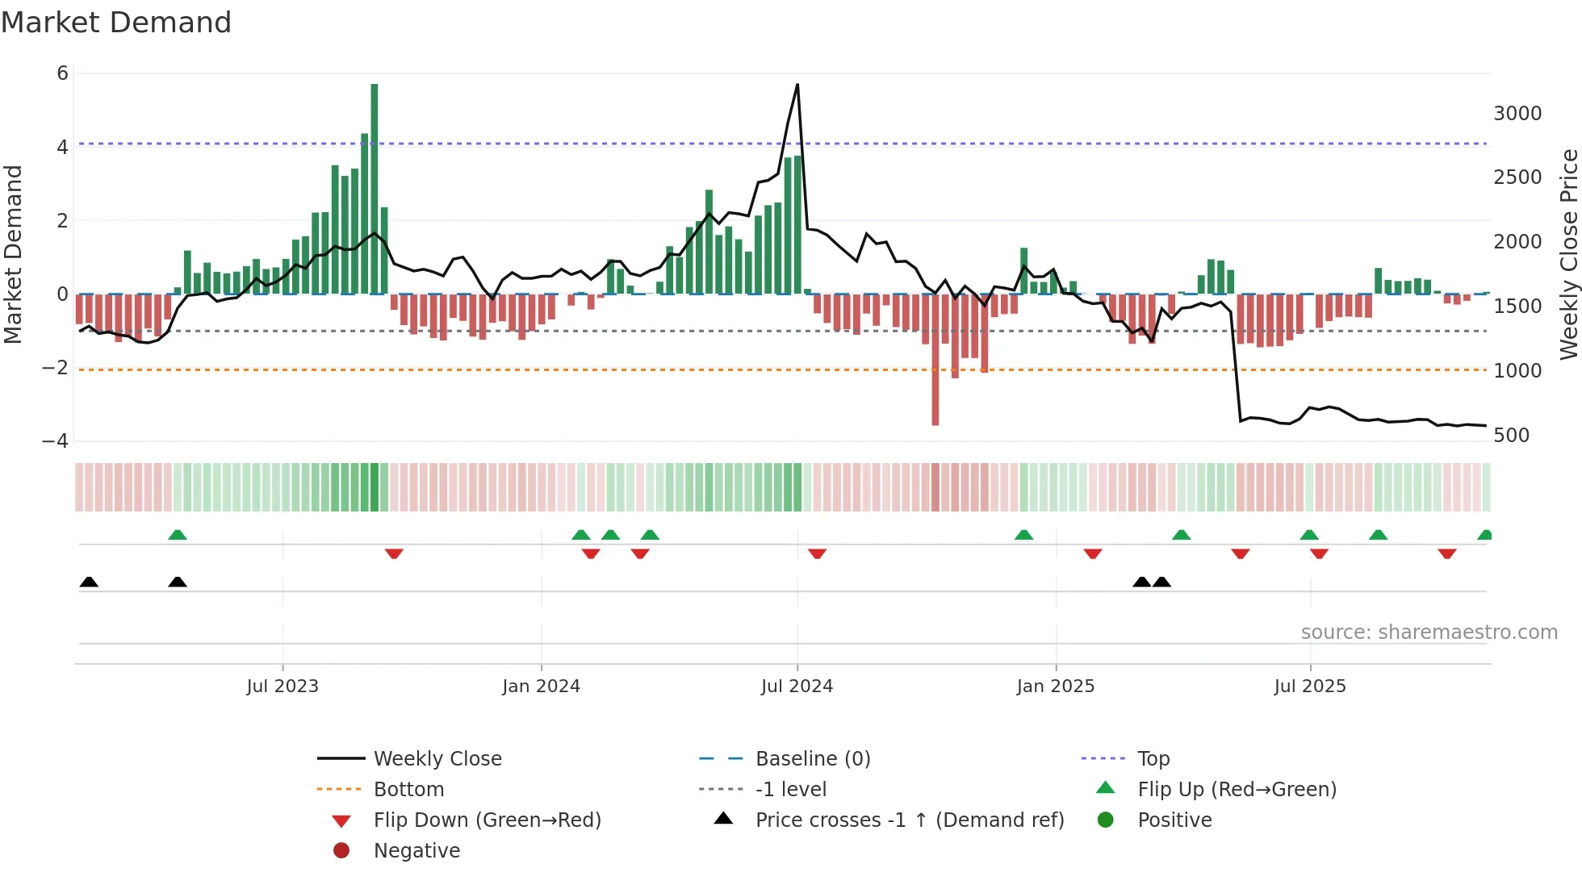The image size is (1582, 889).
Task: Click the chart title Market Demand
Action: click(x=116, y=23)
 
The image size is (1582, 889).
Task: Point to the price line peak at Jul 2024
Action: click(x=797, y=85)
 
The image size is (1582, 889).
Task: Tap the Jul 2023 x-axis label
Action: click(x=282, y=687)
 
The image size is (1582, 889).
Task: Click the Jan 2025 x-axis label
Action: click(x=1056, y=687)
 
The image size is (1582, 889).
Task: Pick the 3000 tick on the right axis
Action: click(x=1517, y=114)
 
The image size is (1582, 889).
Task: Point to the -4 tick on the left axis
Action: click(x=56, y=441)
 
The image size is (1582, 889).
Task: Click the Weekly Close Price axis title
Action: click(x=1568, y=254)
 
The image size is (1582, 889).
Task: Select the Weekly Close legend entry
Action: click(x=437, y=759)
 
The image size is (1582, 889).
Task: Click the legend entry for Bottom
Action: click(x=408, y=790)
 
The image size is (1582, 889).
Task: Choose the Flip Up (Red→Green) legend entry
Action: click(x=1237, y=790)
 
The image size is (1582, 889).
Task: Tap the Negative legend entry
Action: click(x=416, y=851)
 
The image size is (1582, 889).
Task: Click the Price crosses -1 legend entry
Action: click(x=910, y=820)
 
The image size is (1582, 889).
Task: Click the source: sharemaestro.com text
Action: click(x=1429, y=632)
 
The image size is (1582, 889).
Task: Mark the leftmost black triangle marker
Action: click(x=90, y=582)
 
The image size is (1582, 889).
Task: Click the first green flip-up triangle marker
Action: click(x=178, y=535)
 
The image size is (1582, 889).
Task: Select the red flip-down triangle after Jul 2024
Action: click(x=817, y=553)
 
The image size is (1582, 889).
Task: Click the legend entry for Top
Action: click(x=1153, y=759)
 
